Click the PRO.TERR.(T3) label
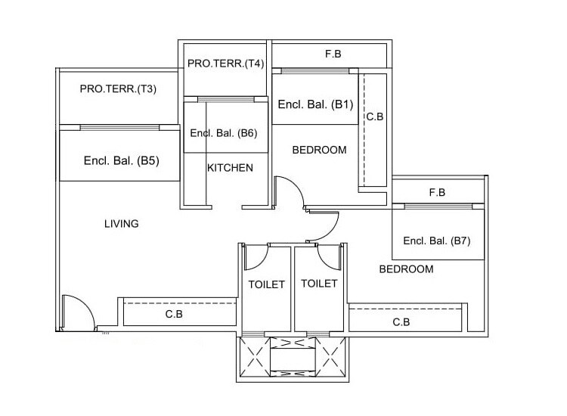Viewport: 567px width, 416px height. pos(118,89)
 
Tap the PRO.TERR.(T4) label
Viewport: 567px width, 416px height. pos(225,64)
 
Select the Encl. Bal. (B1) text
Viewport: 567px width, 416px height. pos(315,105)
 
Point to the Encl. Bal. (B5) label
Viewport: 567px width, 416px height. pos(121,160)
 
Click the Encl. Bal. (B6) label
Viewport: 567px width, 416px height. pos(224,133)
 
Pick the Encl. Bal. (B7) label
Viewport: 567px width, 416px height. pos(437,241)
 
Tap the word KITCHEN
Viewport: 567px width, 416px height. pos(230,168)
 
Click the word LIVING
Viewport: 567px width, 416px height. pos(121,224)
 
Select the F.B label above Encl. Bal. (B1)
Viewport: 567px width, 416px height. pos(333,54)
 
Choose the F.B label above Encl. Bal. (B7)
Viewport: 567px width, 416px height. pos(437,193)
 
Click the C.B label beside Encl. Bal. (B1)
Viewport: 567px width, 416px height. pos(375,117)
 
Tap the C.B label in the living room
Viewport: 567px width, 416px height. pos(174,313)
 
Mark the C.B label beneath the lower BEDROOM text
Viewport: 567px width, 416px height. pos(401,322)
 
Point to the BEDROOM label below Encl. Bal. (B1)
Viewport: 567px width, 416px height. pos(319,150)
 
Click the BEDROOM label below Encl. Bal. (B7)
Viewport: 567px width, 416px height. pos(406,269)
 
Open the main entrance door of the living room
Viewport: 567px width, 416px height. pos(76,310)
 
